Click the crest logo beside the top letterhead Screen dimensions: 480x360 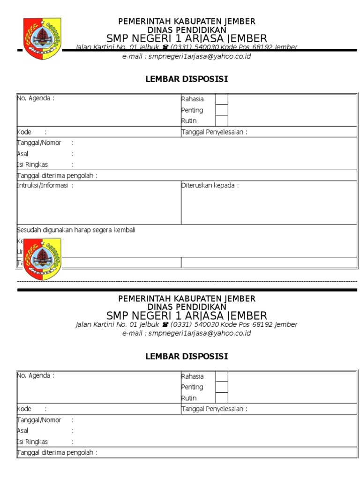click(x=42, y=38)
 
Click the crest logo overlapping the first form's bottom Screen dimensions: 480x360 click(x=42, y=259)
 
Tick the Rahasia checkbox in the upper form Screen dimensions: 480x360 click(x=222, y=99)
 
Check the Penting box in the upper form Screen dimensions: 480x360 click(x=222, y=110)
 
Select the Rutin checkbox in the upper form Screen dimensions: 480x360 click(x=222, y=120)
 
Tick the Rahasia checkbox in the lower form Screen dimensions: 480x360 click(x=222, y=376)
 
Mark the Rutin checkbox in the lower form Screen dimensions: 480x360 click(x=222, y=397)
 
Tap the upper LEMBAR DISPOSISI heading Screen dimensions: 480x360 click(x=187, y=79)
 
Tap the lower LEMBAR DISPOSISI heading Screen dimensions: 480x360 click(x=187, y=357)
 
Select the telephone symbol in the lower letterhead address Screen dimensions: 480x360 click(x=165, y=325)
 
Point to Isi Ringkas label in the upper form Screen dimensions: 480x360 click(x=32, y=165)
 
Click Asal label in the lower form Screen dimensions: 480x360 click(x=22, y=431)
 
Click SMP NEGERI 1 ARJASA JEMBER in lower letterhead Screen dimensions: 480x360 click(x=187, y=315)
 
